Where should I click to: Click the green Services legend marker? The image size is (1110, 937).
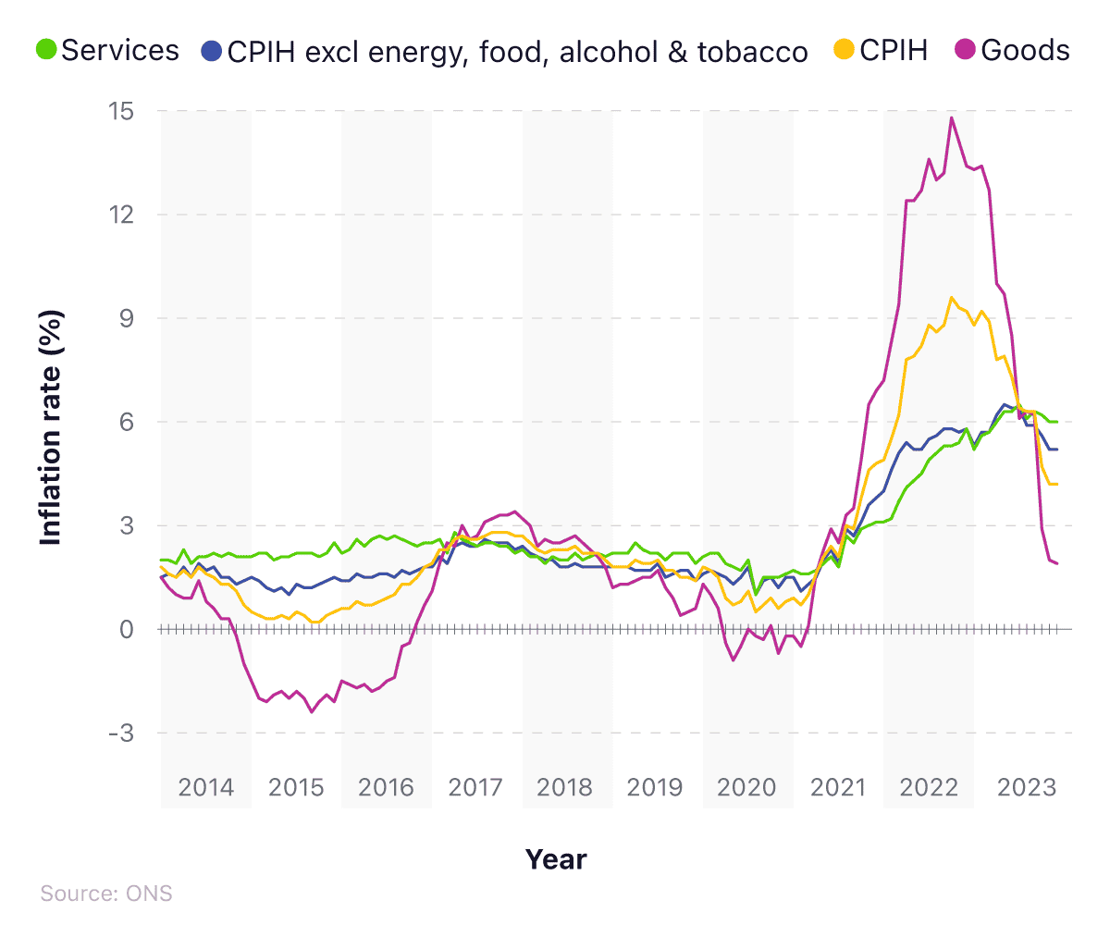coord(46,50)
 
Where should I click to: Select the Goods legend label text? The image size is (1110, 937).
coord(1025,50)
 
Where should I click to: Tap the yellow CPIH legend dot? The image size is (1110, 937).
coord(844,50)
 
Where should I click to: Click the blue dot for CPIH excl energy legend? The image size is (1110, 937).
coord(212,51)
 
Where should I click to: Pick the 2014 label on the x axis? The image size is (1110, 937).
coord(205,787)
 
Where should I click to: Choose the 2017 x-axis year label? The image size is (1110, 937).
coord(475,787)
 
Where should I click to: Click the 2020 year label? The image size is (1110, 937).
coord(747,787)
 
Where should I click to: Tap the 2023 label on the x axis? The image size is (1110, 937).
coord(1026,787)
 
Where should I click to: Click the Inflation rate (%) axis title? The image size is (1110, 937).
coord(51,427)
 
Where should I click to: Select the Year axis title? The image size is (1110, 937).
coord(556,859)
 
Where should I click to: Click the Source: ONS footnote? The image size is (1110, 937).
coord(106,894)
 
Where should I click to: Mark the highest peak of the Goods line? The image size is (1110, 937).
coord(952,117)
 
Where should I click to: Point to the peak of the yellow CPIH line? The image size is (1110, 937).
coord(951,297)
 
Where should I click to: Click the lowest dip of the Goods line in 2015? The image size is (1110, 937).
coord(312,711)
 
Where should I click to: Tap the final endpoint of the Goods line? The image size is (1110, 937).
coord(1057,563)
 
